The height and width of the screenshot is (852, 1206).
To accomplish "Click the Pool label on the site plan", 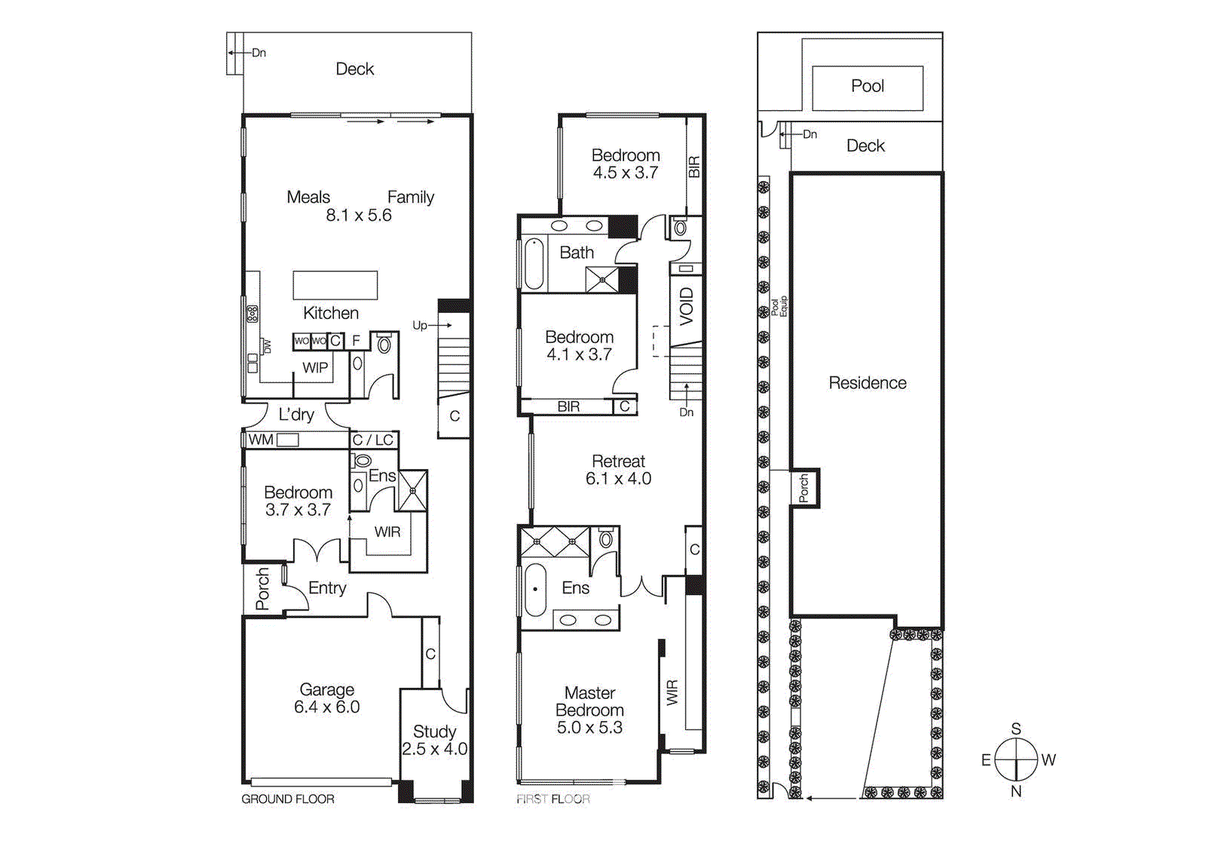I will pos(867,86).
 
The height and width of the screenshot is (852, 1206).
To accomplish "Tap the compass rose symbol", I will pos(1016,759).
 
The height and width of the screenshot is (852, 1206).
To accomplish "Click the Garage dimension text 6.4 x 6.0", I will pos(326,707).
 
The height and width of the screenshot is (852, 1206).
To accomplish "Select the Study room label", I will pos(434,731).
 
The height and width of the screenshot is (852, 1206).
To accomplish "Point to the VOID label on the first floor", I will pos(686,306).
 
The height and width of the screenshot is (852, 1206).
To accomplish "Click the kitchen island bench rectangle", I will pos(335,285).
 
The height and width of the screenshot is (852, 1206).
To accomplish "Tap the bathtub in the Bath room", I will pos(534,264).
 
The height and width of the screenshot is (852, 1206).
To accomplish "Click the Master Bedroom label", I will pos(589,701).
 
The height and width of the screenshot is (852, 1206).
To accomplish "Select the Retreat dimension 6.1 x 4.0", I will pos(618,479).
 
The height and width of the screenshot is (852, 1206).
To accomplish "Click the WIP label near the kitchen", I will pos(315,368).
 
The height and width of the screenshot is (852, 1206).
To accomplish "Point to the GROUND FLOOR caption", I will pos(287,799).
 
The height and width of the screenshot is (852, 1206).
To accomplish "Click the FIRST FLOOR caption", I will pos(552,799).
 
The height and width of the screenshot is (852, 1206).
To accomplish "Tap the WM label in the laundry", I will pos(261,440).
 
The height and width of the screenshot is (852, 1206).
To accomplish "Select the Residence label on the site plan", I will pos(867,383).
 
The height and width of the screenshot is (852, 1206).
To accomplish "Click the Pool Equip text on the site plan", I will pos(779,306).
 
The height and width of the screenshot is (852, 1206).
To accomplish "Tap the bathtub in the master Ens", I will pos(534,590).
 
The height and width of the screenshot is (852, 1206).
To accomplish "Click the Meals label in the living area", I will pos(308,198).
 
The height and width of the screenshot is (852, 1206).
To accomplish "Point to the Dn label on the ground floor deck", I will pos(259,53).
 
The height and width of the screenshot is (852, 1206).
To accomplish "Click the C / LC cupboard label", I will pos(372,440).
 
